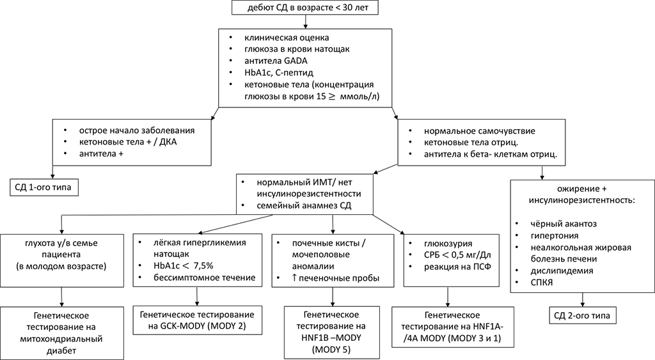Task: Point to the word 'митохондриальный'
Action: point(62,340)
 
